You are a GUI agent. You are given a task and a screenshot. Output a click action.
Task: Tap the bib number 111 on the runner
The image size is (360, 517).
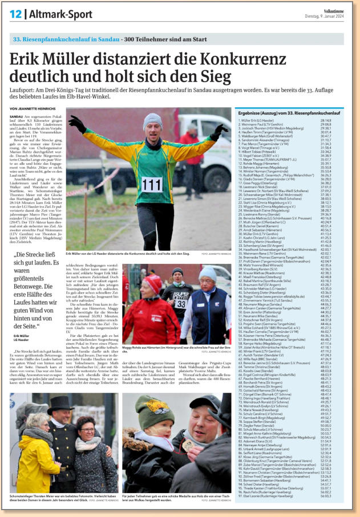(152, 184)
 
